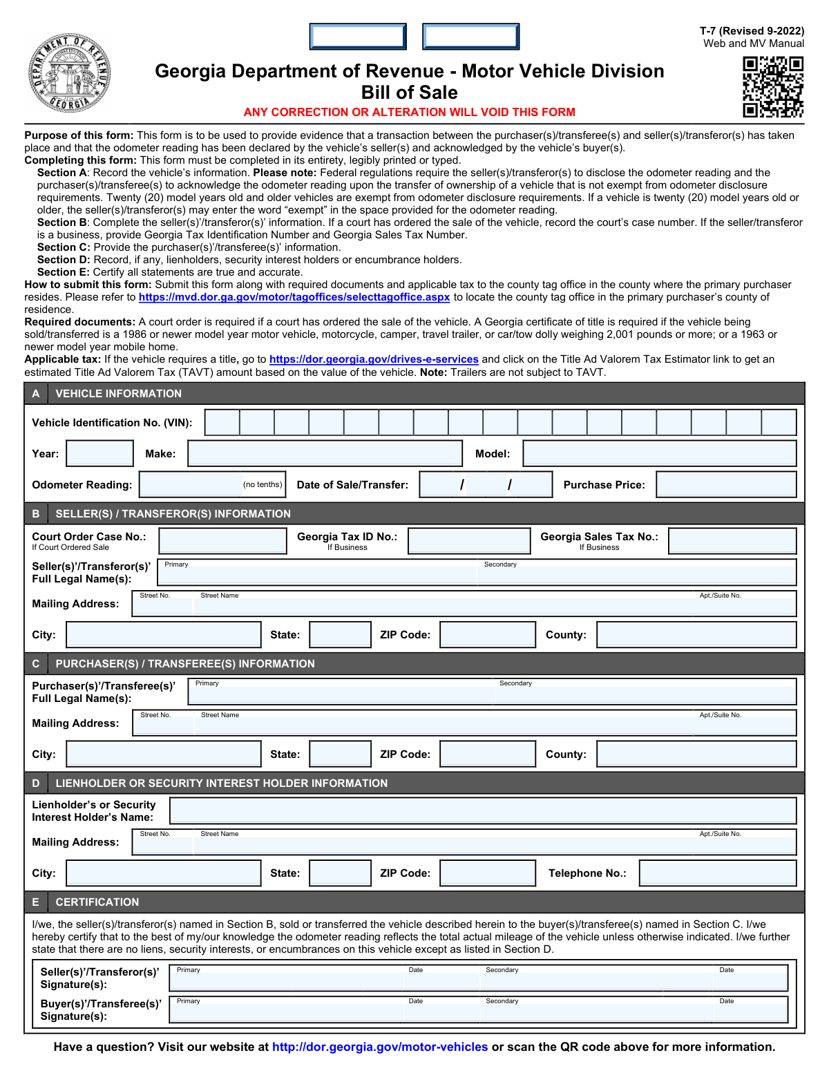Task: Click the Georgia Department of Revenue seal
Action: pos(69,74)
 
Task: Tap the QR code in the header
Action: pos(772,86)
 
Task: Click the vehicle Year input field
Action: pos(99,453)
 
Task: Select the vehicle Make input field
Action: pos(325,453)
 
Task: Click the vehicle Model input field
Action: pos(659,453)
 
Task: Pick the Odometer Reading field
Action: pos(190,484)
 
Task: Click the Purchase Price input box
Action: pos(726,484)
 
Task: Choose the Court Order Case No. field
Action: pos(222,541)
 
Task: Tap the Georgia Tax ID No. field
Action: pos(469,541)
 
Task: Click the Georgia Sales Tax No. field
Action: pos(732,541)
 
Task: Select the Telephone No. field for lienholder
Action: pos(718,873)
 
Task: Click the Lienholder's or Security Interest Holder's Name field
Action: pos(483,810)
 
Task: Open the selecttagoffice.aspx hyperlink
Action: pos(294,297)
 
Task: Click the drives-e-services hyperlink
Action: pos(374,359)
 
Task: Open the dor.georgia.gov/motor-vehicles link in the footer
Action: pos(380,1047)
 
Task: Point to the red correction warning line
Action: pos(409,112)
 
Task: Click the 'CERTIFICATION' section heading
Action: pos(97,902)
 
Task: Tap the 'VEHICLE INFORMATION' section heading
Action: pos(118,393)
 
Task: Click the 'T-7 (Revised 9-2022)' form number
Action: pos(752,31)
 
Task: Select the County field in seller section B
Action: pos(696,634)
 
